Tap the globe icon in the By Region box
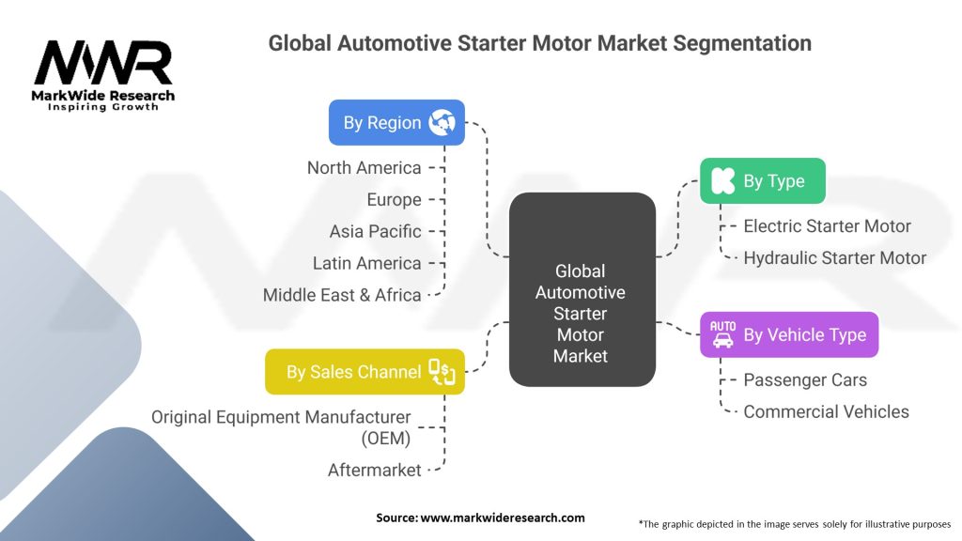pyautogui.click(x=441, y=122)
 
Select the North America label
pyautogui.click(x=364, y=168)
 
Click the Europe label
pyautogui.click(x=394, y=200)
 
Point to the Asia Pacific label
pyautogui.click(x=375, y=231)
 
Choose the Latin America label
pyautogui.click(x=366, y=263)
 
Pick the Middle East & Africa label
pyautogui.click(x=342, y=295)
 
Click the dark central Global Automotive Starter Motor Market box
pyautogui.click(x=581, y=289)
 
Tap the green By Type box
pyautogui.click(x=762, y=181)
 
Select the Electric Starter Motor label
pyautogui.click(x=827, y=226)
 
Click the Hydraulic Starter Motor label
pyautogui.click(x=834, y=257)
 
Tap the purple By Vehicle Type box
pyautogui.click(x=789, y=334)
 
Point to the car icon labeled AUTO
pyautogui.click(x=722, y=333)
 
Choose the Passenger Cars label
pyautogui.click(x=805, y=380)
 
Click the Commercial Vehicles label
pyautogui.click(x=826, y=411)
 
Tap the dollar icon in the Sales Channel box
pyautogui.click(x=442, y=372)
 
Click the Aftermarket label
pyautogui.click(x=374, y=470)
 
